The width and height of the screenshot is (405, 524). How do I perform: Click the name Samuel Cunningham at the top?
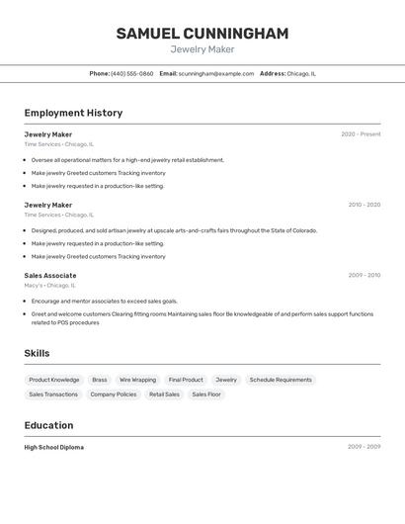pyautogui.click(x=202, y=34)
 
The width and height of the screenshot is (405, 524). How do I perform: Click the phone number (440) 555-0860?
pyautogui.click(x=131, y=73)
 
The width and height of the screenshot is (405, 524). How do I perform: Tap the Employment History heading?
pyautogui.click(x=73, y=113)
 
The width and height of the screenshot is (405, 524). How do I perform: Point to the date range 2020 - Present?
pyautogui.click(x=361, y=134)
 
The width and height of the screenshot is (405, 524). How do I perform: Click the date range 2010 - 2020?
pyautogui.click(x=364, y=205)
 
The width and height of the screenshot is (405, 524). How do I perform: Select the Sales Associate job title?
pyautogui.click(x=50, y=275)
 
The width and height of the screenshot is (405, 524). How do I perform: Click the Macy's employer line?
pyautogui.click(x=48, y=285)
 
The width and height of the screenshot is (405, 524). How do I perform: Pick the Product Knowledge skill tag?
pyautogui.click(x=54, y=380)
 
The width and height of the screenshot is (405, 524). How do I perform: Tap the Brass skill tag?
pyautogui.click(x=100, y=380)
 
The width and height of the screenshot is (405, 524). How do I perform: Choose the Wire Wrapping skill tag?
pyautogui.click(x=137, y=380)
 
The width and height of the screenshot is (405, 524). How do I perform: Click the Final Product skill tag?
pyautogui.click(x=186, y=380)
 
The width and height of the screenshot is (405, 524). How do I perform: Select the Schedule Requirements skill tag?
pyautogui.click(x=281, y=380)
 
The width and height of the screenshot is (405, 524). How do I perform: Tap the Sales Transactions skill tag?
pyautogui.click(x=53, y=394)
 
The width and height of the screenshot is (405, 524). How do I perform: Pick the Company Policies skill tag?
pyautogui.click(x=114, y=394)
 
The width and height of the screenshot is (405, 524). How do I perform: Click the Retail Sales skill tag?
pyautogui.click(x=164, y=394)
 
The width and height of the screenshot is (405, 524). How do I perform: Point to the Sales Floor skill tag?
pyautogui.click(x=206, y=394)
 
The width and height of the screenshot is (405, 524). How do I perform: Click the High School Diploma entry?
pyautogui.click(x=54, y=447)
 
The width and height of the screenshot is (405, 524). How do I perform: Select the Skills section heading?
pyautogui.click(x=37, y=353)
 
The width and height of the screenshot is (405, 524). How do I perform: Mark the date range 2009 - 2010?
pyautogui.click(x=364, y=275)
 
